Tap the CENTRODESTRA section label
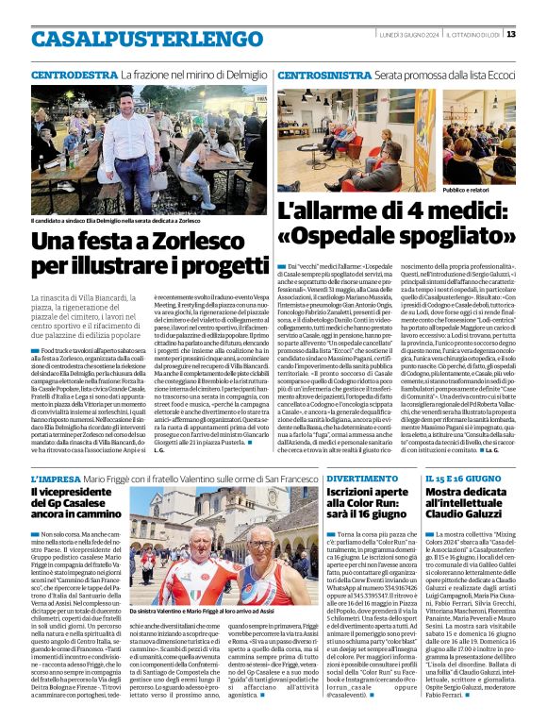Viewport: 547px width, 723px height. pyautogui.click(x=74, y=73)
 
